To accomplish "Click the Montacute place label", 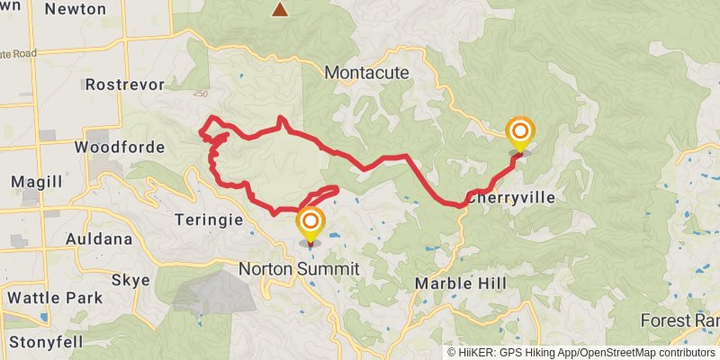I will [366, 72].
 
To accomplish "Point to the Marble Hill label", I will [460, 283].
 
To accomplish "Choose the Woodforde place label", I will [120, 147].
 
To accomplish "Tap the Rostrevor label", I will [121, 85].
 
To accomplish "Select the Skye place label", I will [130, 280].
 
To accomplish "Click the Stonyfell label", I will [47, 342].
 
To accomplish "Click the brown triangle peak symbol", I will [281, 10].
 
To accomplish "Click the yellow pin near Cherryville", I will [519, 133].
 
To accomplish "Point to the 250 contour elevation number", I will [200, 92].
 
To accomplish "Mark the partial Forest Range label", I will [679, 320].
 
